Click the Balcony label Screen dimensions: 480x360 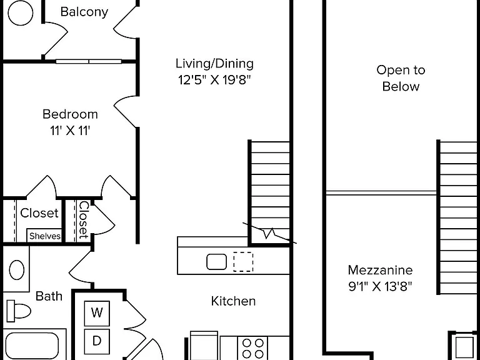click(x=84, y=12)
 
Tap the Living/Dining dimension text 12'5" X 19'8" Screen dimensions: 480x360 click(x=214, y=80)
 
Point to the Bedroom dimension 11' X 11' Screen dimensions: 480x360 click(x=70, y=131)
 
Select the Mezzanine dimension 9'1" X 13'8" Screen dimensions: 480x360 click(x=380, y=286)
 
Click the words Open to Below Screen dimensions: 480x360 click(x=401, y=78)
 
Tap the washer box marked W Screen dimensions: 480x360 click(x=97, y=313)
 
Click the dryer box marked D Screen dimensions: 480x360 click(x=97, y=341)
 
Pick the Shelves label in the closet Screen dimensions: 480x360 click(x=45, y=236)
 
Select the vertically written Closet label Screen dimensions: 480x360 click(x=83, y=220)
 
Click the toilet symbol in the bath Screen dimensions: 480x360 click(x=19, y=311)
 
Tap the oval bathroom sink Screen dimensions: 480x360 click(x=17, y=270)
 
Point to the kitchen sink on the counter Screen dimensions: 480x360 click(x=216, y=262)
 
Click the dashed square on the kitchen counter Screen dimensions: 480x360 click(x=243, y=262)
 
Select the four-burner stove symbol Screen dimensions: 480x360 click(x=252, y=348)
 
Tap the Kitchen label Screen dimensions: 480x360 click(x=233, y=301)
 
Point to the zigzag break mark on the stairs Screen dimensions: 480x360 click(x=269, y=233)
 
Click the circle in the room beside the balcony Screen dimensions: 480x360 click(x=20, y=13)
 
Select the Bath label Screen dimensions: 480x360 click(x=49, y=296)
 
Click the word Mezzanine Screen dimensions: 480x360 click(x=380, y=270)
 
